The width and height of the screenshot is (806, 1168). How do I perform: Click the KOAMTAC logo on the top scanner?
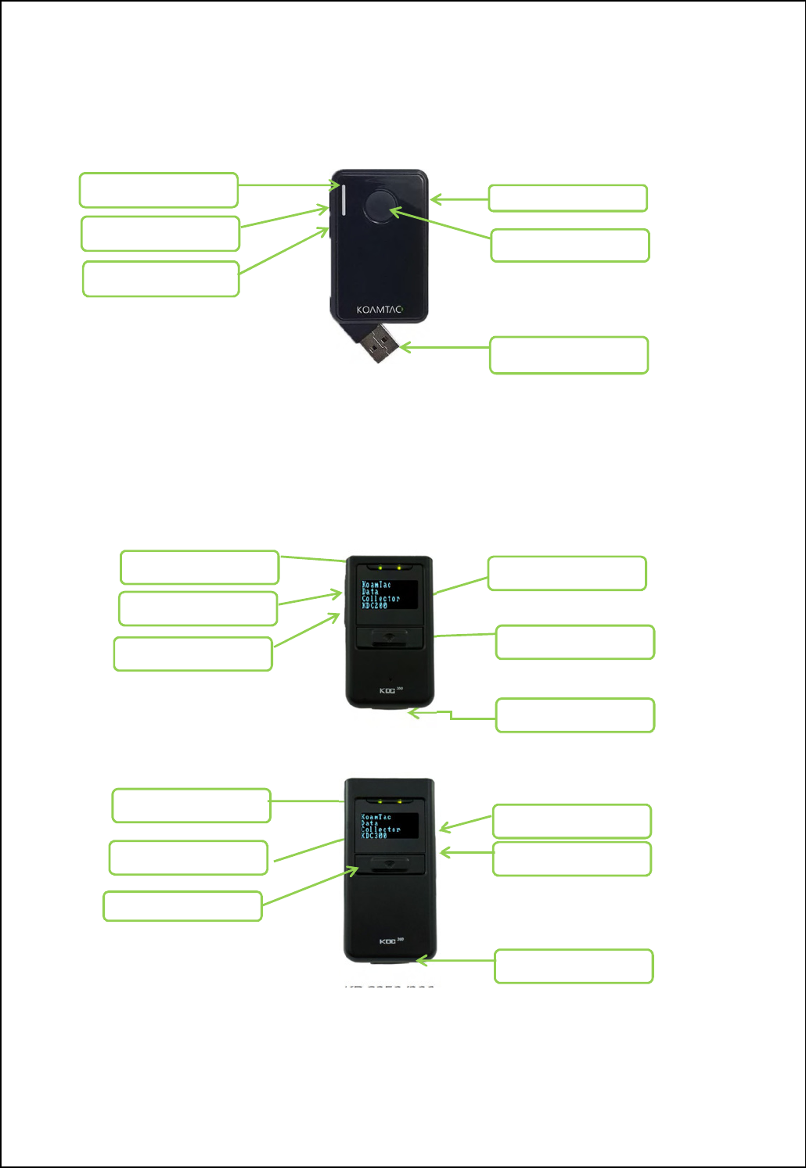[380, 310]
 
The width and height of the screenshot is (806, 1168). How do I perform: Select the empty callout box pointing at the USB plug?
[569, 355]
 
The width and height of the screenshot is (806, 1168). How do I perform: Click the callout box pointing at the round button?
[570, 245]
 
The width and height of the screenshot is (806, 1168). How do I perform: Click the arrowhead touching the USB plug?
[403, 347]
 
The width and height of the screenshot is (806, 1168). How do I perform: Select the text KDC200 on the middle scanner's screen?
[375, 606]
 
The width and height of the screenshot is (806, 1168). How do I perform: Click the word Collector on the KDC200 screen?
[380, 599]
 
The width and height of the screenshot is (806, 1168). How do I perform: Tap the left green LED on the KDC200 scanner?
[380, 568]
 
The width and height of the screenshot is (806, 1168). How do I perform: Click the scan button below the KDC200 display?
[390, 636]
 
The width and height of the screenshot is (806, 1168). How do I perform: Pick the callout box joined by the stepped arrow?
[575, 715]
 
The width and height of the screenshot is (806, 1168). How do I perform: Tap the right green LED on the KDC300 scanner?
[400, 801]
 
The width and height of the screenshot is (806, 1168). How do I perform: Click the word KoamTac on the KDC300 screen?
[376, 817]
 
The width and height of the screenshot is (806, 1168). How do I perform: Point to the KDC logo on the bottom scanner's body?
[389, 940]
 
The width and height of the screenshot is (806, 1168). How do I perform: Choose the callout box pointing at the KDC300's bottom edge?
[574, 966]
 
